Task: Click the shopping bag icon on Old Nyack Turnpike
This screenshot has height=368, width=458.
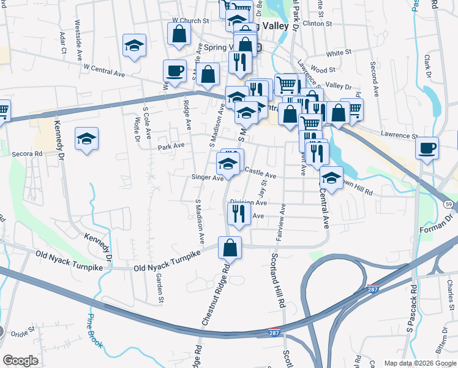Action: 230,248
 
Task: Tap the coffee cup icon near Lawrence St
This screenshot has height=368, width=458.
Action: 427,148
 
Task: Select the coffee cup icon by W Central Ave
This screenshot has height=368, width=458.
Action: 175,71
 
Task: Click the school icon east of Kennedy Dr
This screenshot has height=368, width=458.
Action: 87,139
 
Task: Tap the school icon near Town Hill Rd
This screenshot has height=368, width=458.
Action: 331,178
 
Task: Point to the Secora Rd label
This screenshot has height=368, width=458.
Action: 29,154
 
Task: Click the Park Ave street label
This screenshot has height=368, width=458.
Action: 171,147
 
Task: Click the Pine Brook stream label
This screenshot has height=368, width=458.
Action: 94,331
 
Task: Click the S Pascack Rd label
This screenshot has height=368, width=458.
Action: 415,307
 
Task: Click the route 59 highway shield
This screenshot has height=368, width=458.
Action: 449,203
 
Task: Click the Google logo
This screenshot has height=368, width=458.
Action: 20,361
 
